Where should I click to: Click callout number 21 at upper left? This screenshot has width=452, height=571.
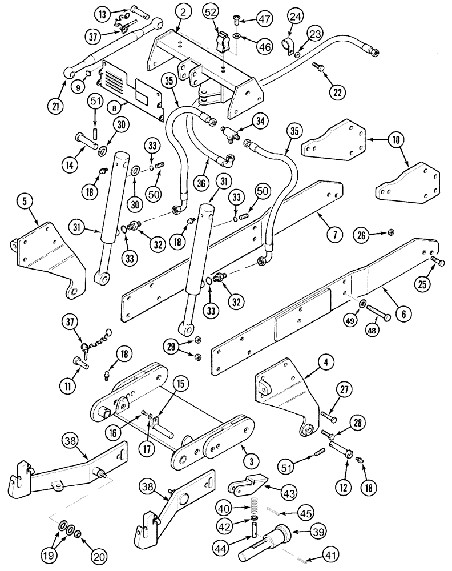point(55,104)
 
